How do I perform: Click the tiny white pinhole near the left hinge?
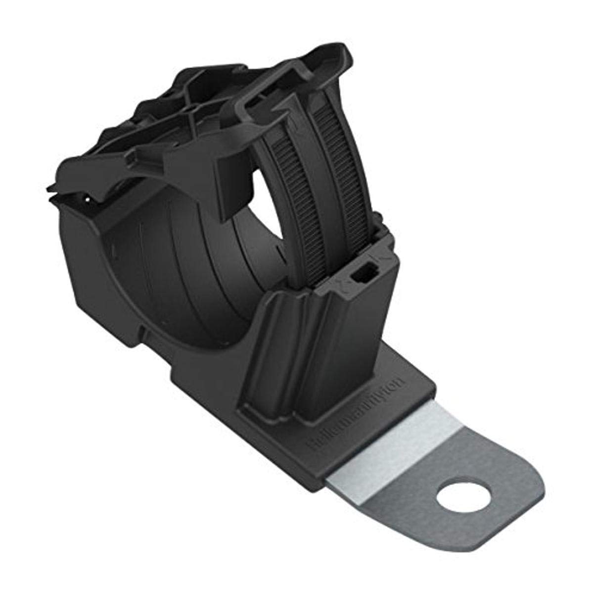point(88,200)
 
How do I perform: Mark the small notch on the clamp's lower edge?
point(143,328)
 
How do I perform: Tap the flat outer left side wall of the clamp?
point(89,277)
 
